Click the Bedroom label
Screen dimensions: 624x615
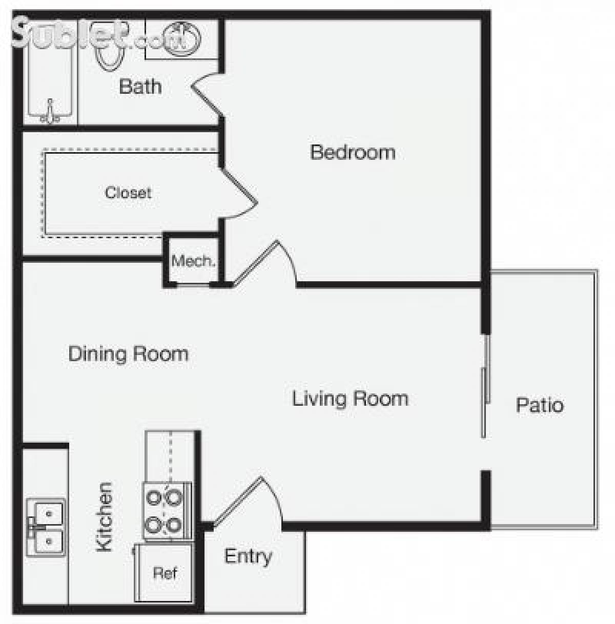353,152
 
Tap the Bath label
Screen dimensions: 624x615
140,86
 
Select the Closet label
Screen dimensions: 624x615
128,193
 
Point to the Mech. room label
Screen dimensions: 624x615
193,261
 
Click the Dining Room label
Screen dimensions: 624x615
128,354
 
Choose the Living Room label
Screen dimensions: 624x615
350,399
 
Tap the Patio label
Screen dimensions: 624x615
540,405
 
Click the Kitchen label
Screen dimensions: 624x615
105,517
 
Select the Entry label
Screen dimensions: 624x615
248,556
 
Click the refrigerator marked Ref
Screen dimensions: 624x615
165,573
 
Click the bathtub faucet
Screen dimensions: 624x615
50,113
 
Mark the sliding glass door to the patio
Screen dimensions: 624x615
485,387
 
